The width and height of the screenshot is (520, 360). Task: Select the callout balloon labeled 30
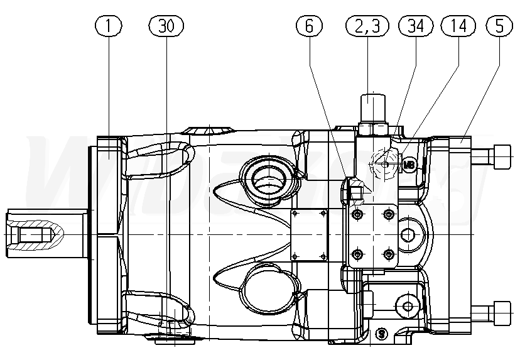pos(166,26)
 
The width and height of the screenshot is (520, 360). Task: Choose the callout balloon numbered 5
pos(499,26)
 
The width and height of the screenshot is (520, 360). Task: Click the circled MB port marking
pos(409,165)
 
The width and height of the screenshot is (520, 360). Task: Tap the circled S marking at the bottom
pos(380,332)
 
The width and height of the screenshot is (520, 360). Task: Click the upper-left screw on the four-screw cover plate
pos(357,215)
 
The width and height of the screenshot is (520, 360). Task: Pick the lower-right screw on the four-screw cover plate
pos(389,253)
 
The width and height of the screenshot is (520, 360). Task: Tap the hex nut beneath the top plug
pos(372,129)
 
